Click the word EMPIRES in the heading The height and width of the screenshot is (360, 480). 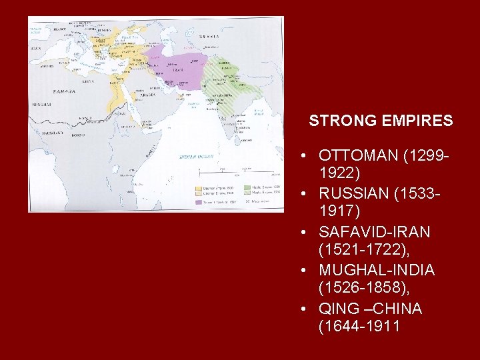coord(417,121)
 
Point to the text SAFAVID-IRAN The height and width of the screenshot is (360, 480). coord(375,232)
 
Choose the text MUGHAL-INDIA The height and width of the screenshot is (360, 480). coord(377,270)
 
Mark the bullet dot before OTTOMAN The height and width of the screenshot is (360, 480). coord(303,156)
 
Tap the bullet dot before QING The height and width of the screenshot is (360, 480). coord(303,309)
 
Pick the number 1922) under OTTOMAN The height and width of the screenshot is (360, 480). coord(340,173)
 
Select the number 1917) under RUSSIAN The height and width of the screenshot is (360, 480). coord(340,212)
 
